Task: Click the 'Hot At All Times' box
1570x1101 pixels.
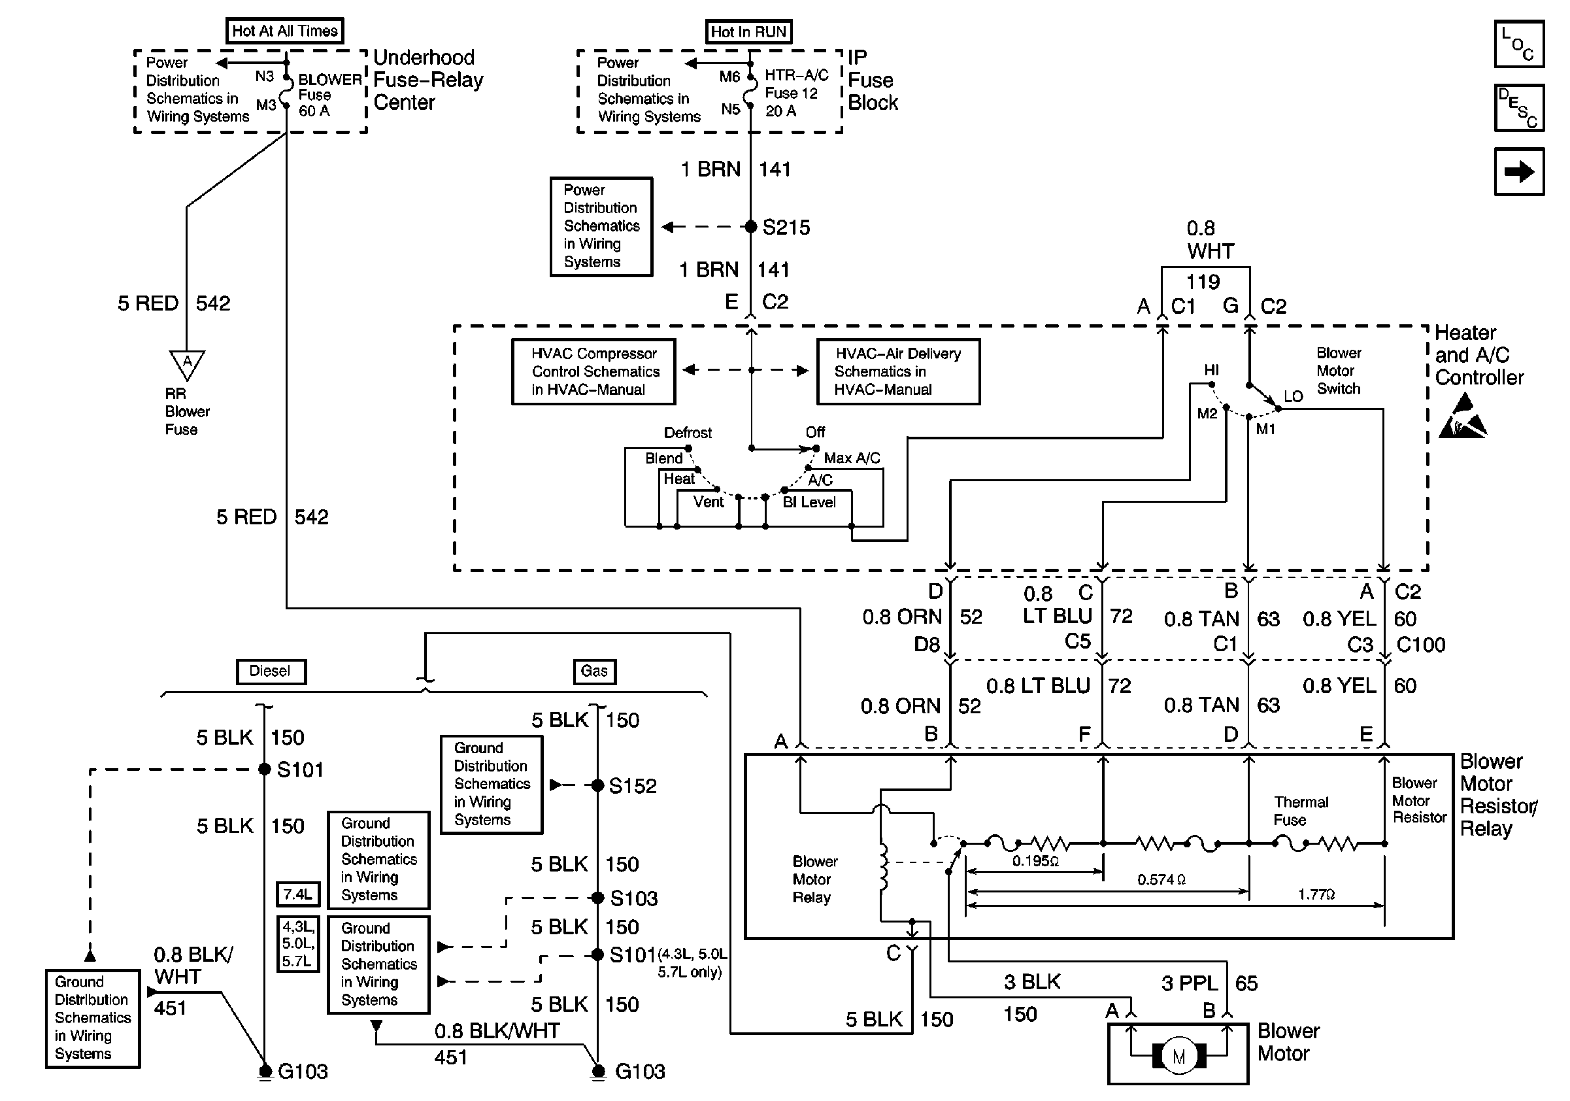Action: [284, 31]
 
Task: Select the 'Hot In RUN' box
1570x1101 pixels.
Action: [748, 31]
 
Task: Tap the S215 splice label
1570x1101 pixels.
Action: [786, 227]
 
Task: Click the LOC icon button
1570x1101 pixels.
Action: [1519, 44]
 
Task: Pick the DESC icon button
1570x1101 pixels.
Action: [1519, 107]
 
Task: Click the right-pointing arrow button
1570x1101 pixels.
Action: [1519, 172]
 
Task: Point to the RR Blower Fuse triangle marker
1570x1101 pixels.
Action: [187, 363]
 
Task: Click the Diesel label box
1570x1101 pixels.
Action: [271, 671]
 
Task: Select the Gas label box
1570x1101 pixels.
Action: [593, 671]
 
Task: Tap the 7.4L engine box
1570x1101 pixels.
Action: [297, 894]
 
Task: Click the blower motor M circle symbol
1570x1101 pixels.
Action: [1178, 1057]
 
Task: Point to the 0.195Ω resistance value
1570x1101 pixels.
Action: [1035, 861]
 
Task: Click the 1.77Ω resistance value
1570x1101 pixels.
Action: [1316, 894]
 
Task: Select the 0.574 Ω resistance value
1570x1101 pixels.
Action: [1161, 879]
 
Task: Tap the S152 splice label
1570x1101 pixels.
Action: [633, 786]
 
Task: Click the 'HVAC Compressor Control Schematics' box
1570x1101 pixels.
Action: [593, 371]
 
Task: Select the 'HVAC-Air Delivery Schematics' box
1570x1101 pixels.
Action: [898, 371]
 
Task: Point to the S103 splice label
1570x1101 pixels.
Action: [633, 898]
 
